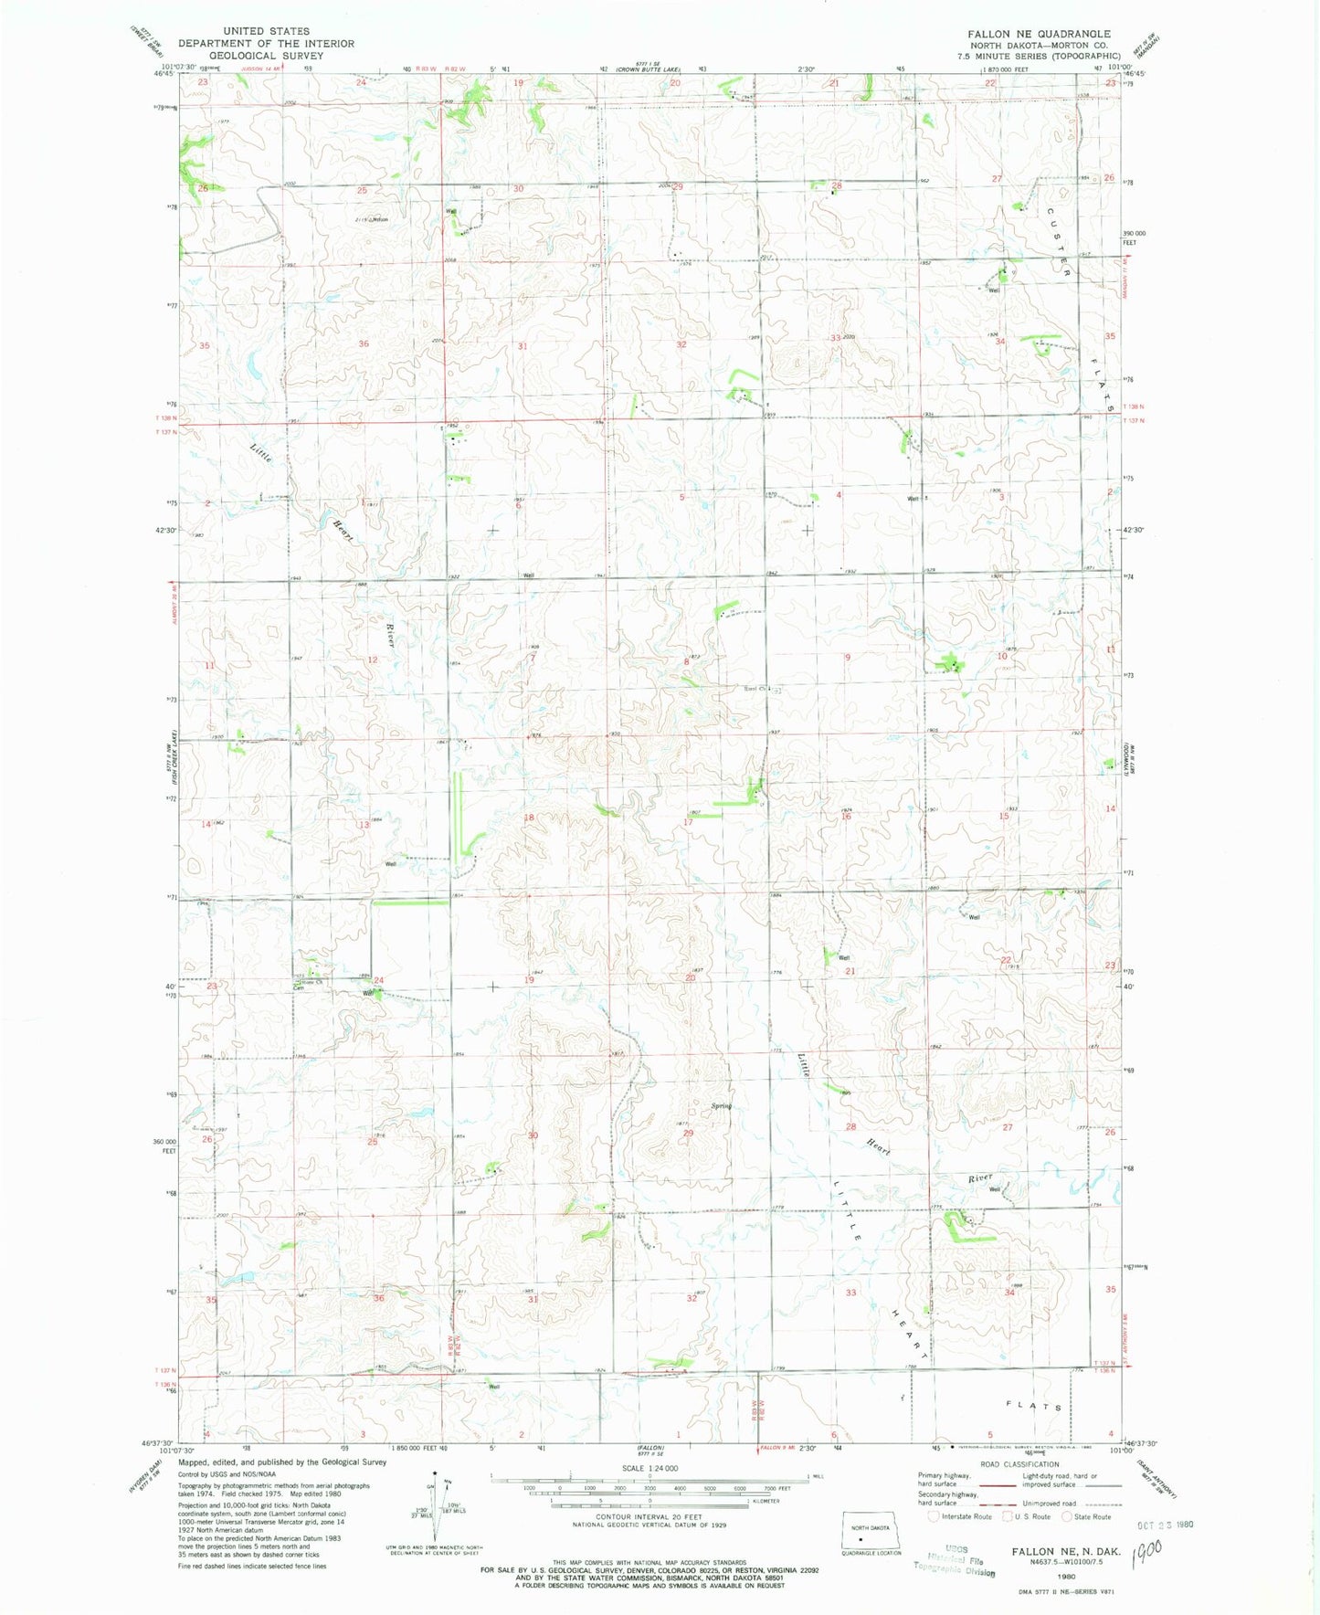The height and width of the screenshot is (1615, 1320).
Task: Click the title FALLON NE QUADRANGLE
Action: [1039, 34]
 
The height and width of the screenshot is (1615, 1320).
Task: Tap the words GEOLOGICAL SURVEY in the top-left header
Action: [265, 56]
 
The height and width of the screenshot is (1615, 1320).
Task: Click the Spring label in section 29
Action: [722, 1106]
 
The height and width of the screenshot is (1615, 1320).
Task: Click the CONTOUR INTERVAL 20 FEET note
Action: [649, 1516]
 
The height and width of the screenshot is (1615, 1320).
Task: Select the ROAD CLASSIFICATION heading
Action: [1020, 1464]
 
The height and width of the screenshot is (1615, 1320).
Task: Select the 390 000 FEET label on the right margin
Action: [1133, 237]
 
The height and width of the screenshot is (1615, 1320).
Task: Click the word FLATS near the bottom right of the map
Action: [1034, 1407]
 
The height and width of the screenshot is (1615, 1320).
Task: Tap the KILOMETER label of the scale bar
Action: [763, 1501]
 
